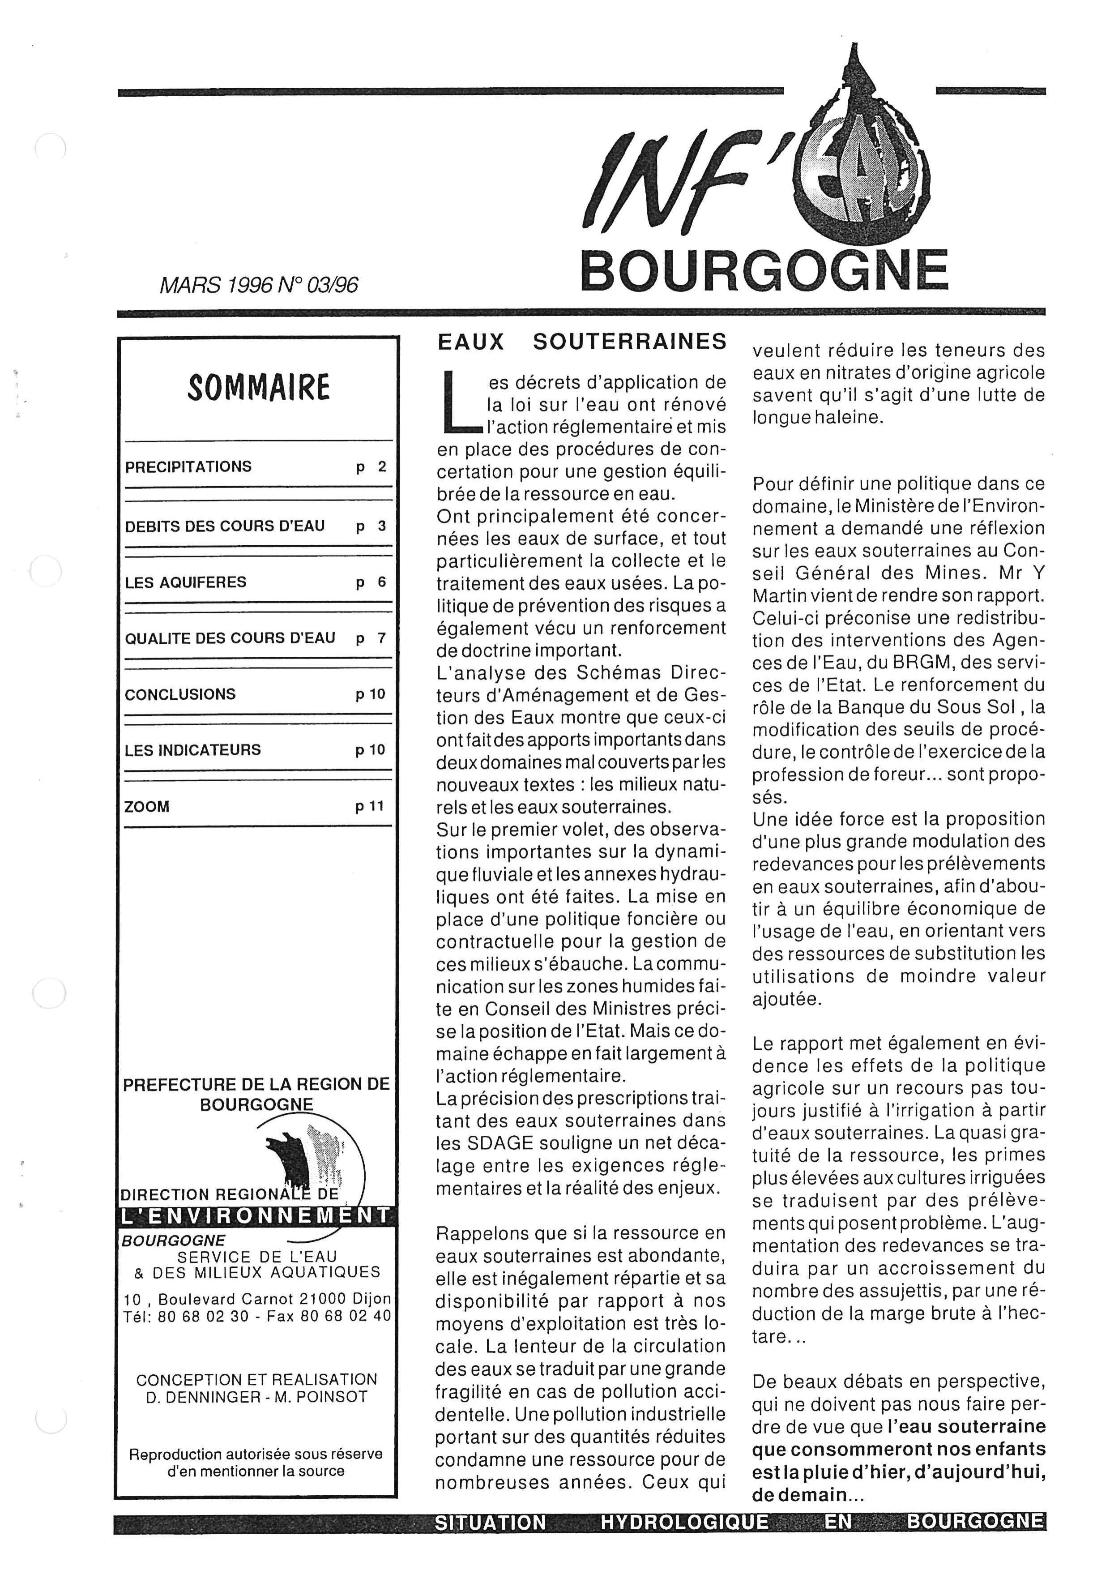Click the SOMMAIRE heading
[x=258, y=387]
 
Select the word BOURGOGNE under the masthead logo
[x=764, y=271]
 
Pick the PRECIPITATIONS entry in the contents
[x=188, y=467]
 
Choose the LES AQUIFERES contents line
[x=185, y=582]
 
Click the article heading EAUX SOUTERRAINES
[x=582, y=342]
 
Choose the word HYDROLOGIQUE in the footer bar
[x=684, y=1536]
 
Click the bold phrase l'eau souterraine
[x=966, y=1426]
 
